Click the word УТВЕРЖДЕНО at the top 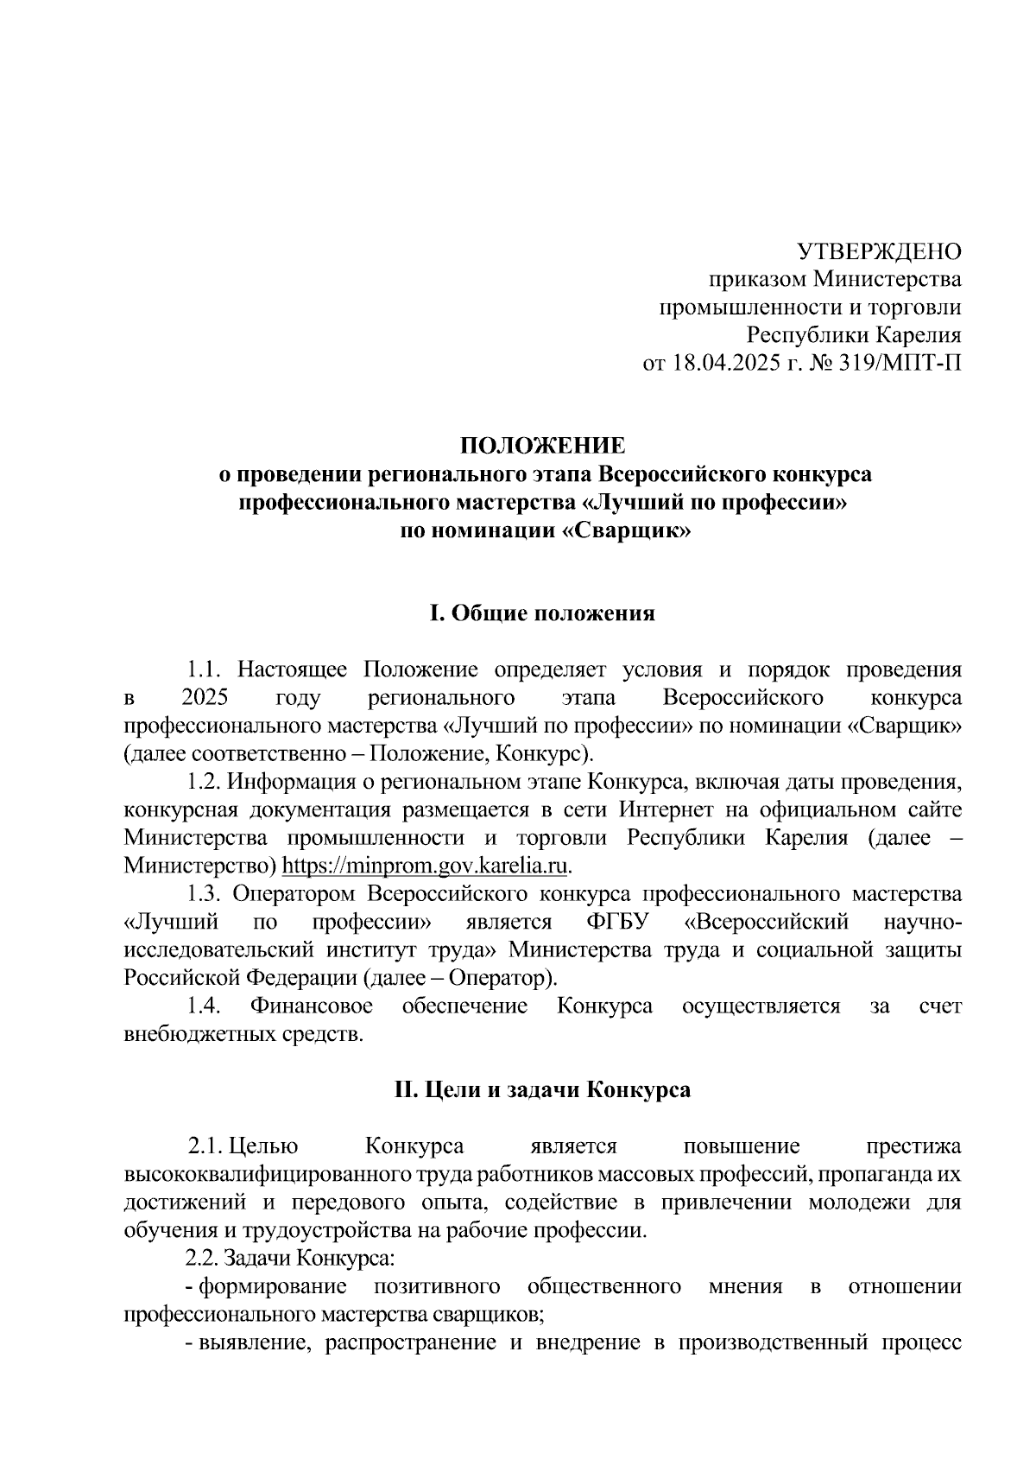[x=877, y=251]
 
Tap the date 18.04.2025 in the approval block [x=723, y=363]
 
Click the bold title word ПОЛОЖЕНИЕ [x=542, y=446]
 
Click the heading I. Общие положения [x=542, y=613]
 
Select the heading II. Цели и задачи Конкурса [x=542, y=1089]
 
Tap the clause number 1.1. [x=206, y=670]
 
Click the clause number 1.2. [x=206, y=782]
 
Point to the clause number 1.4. [x=206, y=1006]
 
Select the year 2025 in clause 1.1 [x=205, y=697]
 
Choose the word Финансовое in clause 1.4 [x=312, y=1006]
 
